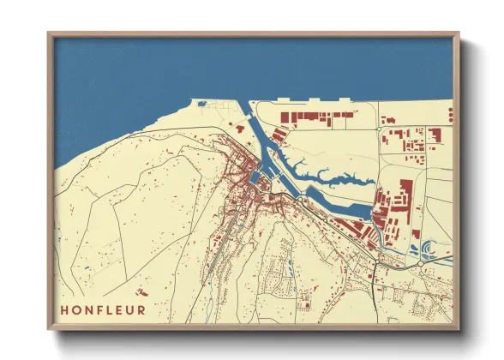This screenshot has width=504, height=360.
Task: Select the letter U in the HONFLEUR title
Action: (x=129, y=309)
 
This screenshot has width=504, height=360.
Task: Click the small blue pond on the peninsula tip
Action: (x=202, y=104)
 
